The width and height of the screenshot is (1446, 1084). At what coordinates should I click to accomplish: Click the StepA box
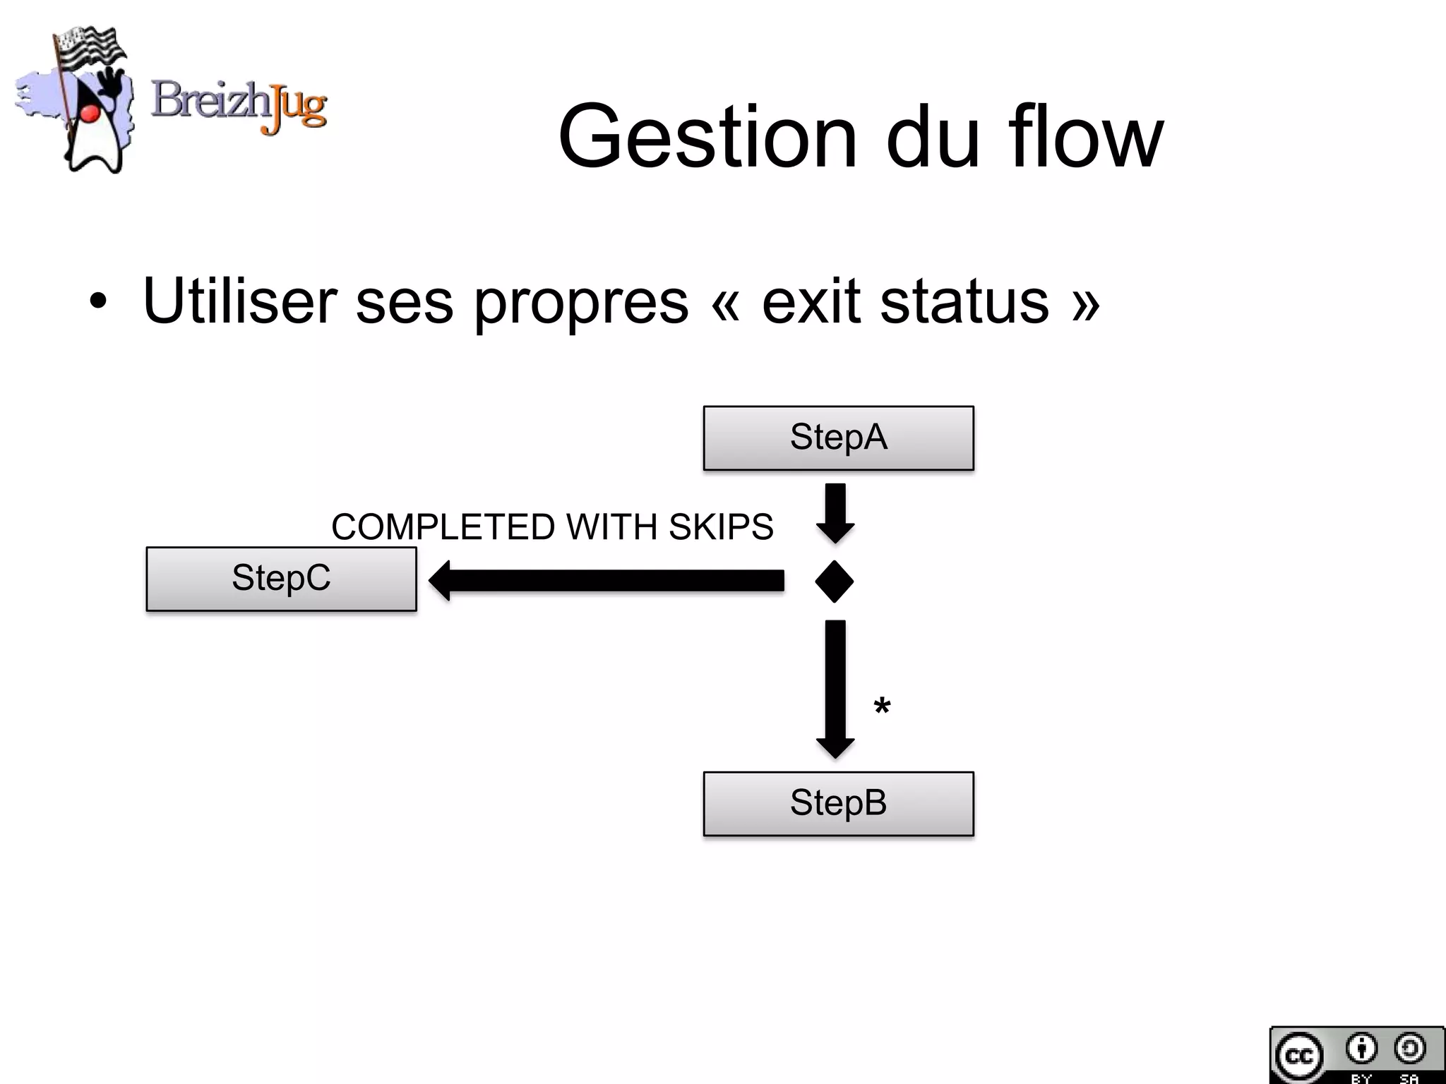tap(838, 438)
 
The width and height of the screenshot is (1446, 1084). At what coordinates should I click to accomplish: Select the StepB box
tap(838, 803)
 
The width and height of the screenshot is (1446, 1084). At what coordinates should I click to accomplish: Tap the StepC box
tap(281, 578)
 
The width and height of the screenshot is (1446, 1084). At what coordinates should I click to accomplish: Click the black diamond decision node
tap(835, 582)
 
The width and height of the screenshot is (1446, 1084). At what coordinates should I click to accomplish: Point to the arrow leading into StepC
tap(607, 581)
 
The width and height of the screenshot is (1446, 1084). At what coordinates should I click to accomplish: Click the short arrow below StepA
tap(835, 512)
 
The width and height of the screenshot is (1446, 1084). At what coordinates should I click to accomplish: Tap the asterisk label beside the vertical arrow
tap(882, 706)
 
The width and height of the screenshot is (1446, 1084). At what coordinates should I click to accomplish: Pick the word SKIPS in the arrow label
tap(721, 527)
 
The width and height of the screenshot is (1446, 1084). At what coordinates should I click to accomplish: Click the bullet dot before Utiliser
tap(98, 303)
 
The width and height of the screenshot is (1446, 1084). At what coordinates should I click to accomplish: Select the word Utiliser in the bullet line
tap(240, 301)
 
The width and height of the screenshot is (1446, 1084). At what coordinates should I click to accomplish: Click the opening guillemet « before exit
tap(726, 303)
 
